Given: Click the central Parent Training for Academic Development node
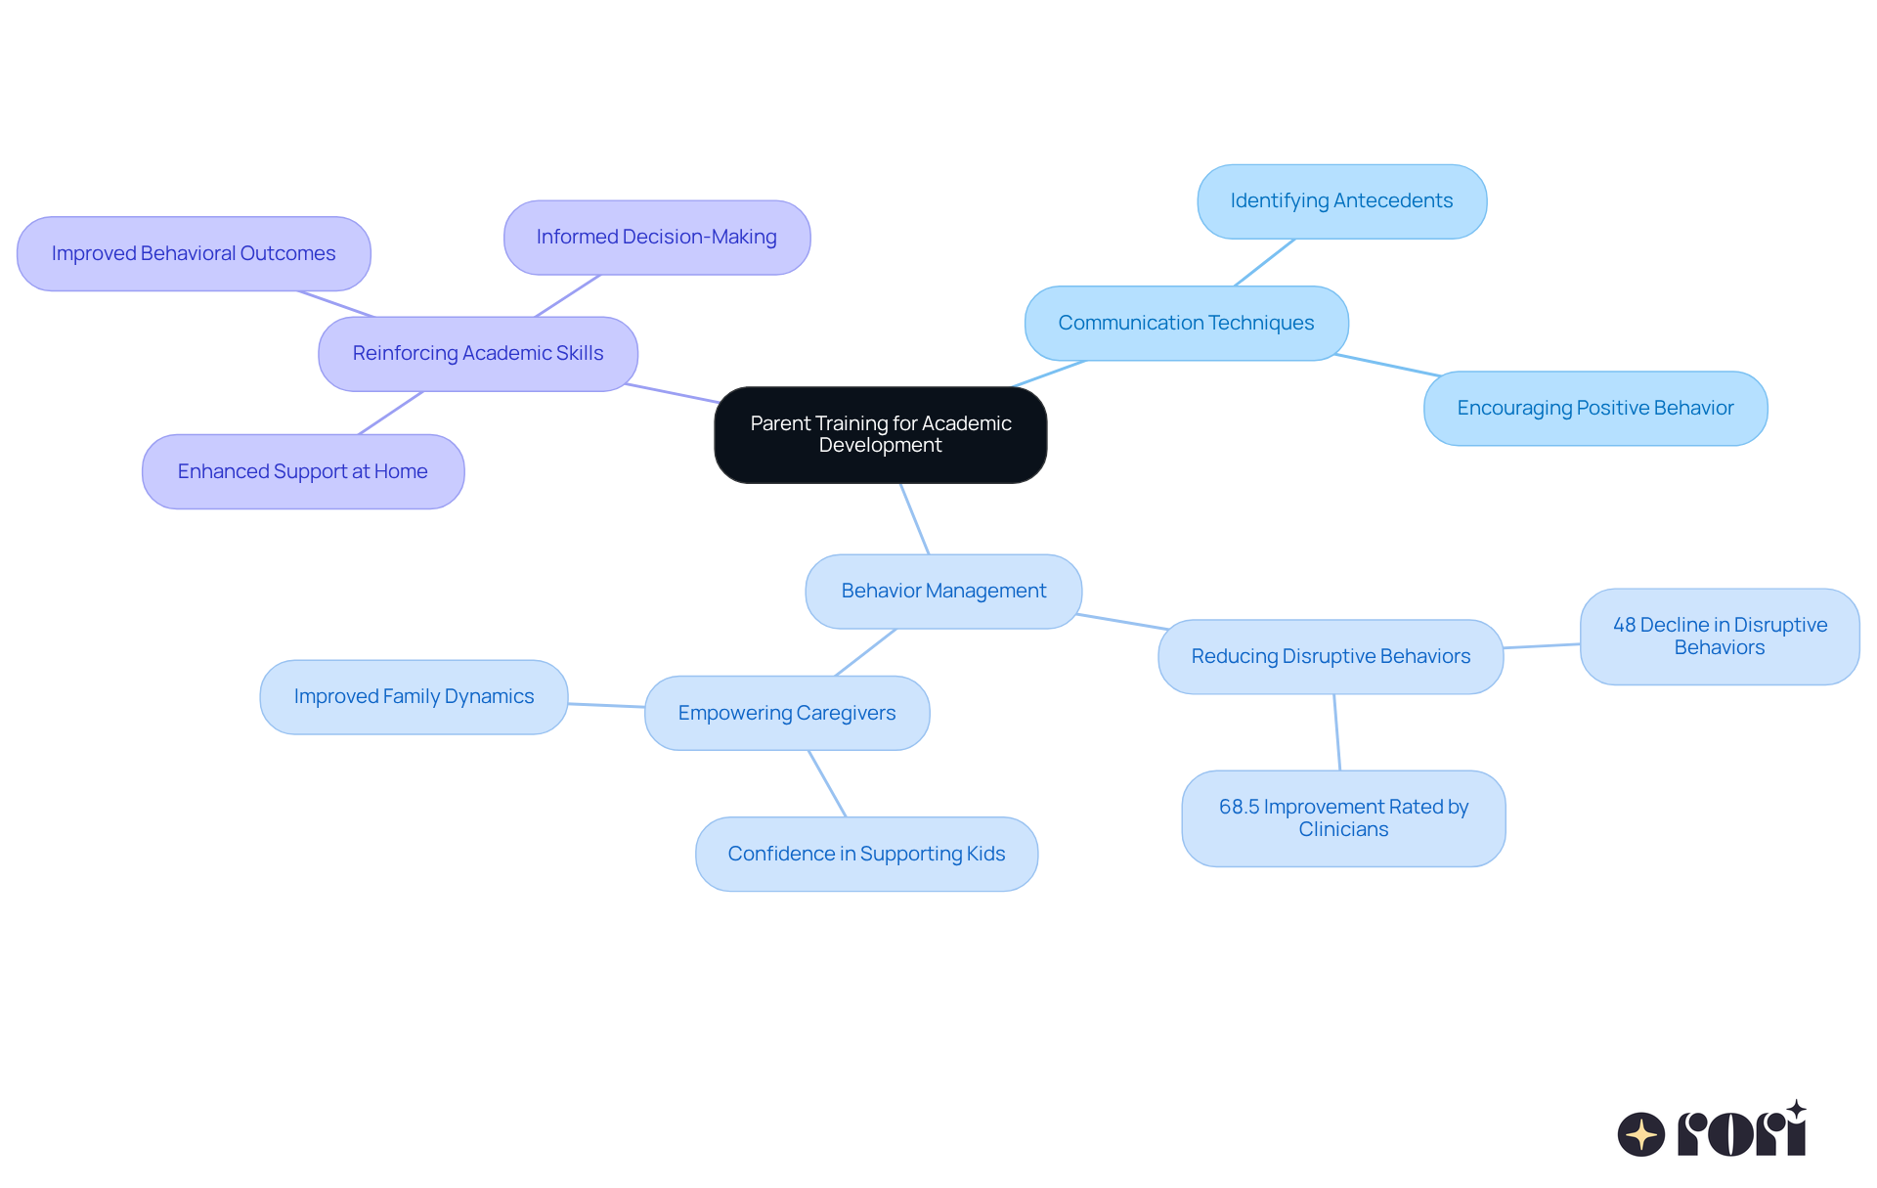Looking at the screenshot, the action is point(881,435).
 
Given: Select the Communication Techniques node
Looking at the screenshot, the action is point(1187,324).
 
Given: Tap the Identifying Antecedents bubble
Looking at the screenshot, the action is point(1342,201).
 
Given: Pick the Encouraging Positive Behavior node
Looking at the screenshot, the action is point(1595,409).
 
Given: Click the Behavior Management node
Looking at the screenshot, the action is point(943,592).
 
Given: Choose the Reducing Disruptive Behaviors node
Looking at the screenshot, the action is point(1331,657).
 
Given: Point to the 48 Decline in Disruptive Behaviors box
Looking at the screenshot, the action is point(1720,637).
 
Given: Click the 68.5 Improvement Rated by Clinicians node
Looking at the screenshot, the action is point(1343,818).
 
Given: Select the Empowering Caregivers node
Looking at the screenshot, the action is point(787,713).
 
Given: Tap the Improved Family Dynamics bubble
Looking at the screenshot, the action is point(414,697).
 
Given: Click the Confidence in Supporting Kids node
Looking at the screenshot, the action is point(866,854).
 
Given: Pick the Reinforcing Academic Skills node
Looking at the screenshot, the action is point(478,354).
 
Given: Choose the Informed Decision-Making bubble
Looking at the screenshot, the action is point(657,238).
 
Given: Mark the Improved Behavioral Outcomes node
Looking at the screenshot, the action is point(194,254).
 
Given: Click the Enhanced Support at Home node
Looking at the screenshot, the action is point(303,471).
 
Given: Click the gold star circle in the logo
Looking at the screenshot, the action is point(1641,1134).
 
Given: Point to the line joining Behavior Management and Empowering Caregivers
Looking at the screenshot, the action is point(865,652).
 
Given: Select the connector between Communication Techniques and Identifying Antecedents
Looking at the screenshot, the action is point(1265,262).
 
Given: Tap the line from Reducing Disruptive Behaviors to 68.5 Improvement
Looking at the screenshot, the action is point(1336,732).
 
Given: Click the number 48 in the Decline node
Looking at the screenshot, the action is point(1624,625).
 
